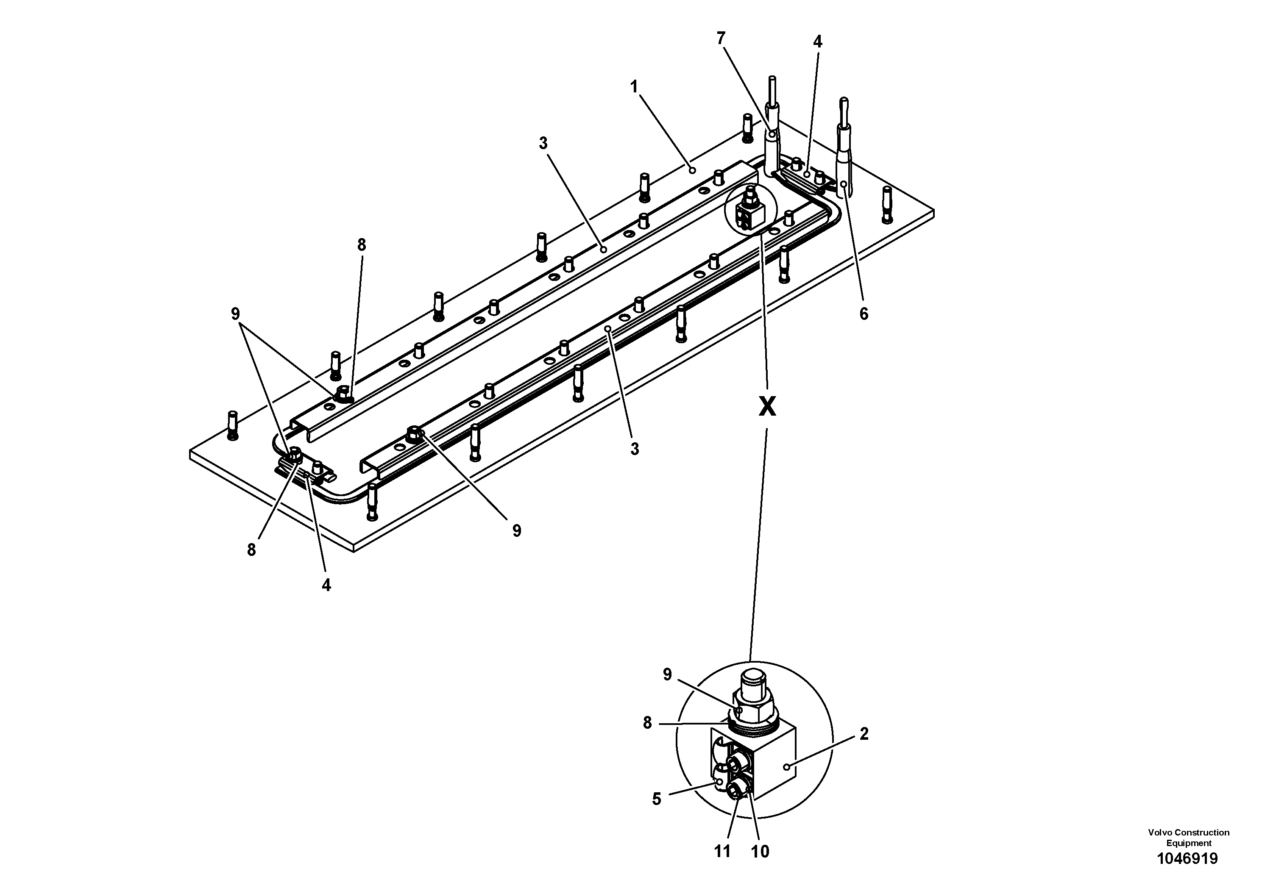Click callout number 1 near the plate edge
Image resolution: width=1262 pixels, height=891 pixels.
(634, 87)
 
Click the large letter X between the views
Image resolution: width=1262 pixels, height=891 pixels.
(767, 407)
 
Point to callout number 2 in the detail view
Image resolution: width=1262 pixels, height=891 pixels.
(864, 734)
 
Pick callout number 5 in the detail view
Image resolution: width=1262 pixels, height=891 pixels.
(656, 799)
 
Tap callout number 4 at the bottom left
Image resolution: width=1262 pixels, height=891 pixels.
(326, 586)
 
